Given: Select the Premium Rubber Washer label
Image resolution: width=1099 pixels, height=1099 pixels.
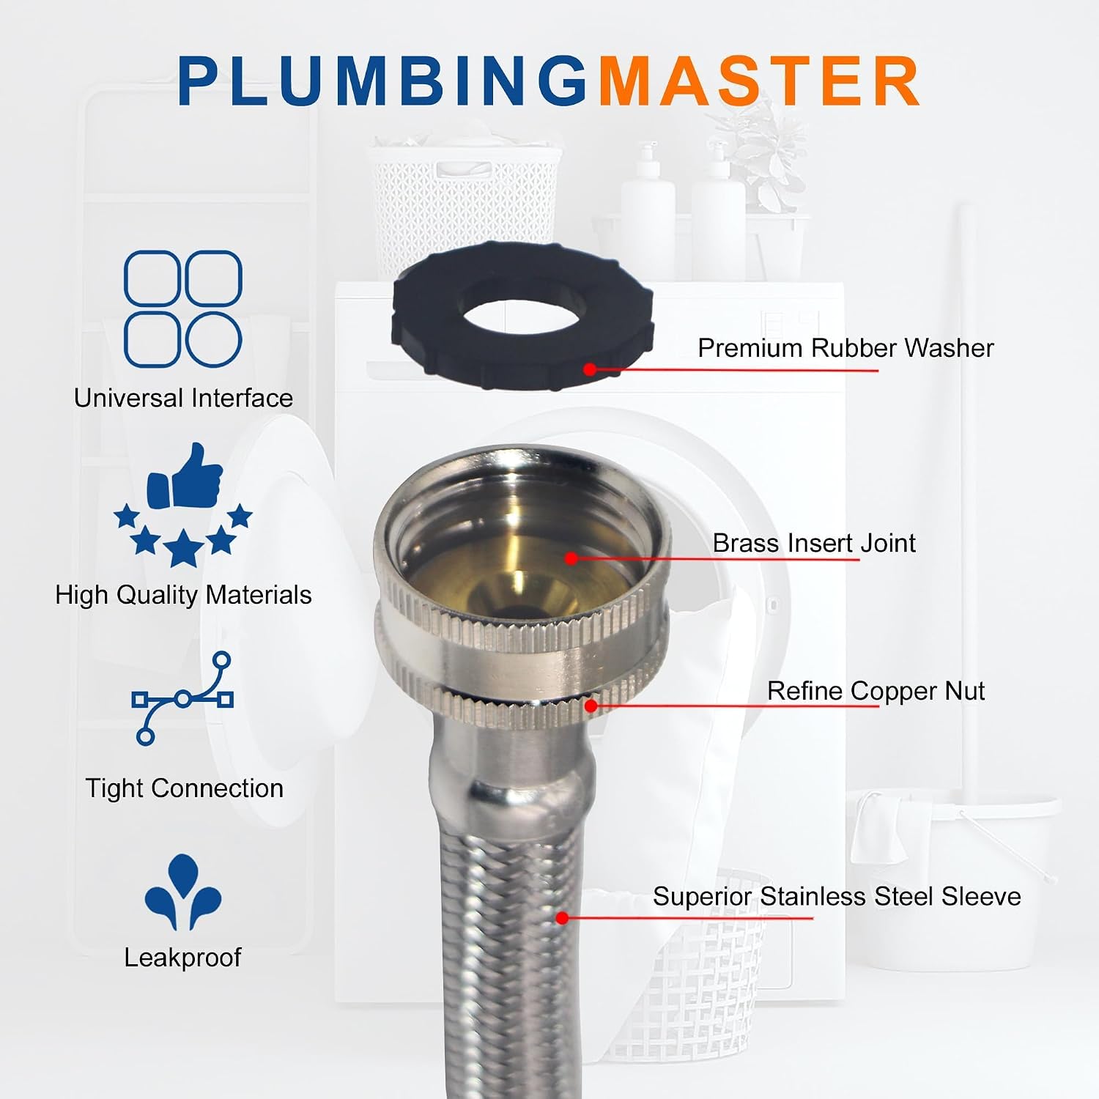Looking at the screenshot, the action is (x=845, y=348).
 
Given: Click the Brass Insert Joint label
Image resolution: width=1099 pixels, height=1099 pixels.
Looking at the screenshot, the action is (x=814, y=543).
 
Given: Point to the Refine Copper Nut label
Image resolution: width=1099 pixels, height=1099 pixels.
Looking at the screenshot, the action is (x=876, y=691).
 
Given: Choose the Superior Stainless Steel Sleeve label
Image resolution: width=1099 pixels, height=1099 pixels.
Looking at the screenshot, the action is (x=837, y=896).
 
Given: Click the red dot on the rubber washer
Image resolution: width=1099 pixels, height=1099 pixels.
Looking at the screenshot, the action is (x=591, y=369).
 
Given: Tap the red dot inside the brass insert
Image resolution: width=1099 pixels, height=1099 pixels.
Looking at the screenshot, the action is (x=571, y=558).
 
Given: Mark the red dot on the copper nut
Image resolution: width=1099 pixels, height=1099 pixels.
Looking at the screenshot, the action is (x=591, y=706).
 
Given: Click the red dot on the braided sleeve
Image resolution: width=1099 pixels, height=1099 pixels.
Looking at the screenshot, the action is (x=562, y=917).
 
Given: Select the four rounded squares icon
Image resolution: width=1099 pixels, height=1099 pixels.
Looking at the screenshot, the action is (x=183, y=308).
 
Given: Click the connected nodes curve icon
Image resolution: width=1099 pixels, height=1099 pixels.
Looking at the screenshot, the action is (x=182, y=698).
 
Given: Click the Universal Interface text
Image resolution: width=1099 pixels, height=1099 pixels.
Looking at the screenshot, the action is (x=183, y=398).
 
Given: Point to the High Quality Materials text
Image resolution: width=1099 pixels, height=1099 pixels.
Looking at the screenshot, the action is (x=183, y=595).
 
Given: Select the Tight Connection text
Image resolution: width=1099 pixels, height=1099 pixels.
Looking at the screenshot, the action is (x=184, y=788).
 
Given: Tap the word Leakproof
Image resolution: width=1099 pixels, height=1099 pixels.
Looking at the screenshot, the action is (x=182, y=958).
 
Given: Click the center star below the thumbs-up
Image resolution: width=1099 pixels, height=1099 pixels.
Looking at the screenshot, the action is (x=182, y=549).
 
